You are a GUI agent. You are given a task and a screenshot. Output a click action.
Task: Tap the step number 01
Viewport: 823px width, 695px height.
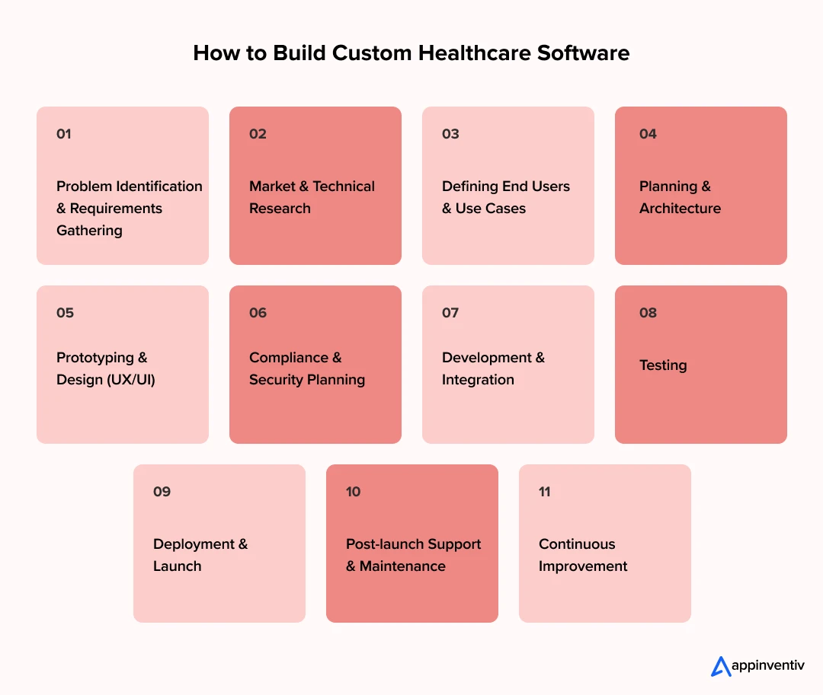(x=63, y=134)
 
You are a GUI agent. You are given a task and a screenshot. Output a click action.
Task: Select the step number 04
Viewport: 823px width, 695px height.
(x=648, y=134)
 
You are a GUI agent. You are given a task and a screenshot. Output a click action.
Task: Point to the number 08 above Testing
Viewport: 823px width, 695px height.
(x=648, y=313)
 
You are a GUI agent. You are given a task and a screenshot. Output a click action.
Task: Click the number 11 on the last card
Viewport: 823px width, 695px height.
(x=544, y=492)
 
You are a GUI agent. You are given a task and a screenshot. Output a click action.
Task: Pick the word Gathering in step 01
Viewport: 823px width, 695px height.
(x=89, y=231)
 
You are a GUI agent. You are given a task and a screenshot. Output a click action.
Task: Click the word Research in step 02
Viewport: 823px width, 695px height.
(x=280, y=208)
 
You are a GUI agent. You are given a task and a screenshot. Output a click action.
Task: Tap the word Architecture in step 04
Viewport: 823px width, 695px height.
(x=680, y=208)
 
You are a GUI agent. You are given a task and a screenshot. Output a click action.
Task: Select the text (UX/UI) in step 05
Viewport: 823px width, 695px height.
(x=131, y=380)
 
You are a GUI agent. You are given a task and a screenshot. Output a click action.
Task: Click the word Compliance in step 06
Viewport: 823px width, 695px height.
(x=289, y=358)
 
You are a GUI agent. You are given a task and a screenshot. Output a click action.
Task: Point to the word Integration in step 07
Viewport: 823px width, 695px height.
(x=478, y=380)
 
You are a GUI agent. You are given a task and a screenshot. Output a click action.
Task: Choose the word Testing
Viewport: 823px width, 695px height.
(x=663, y=365)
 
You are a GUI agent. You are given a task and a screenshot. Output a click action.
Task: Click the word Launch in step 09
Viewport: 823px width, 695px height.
(x=177, y=566)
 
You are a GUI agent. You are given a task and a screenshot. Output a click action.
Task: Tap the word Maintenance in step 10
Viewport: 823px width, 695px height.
(x=402, y=566)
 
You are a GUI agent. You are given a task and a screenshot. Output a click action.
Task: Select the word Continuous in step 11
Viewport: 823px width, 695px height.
(x=577, y=544)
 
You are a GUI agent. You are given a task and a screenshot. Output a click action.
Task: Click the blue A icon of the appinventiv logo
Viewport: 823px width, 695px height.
(x=721, y=667)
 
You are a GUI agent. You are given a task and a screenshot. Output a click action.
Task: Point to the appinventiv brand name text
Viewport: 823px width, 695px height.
(x=768, y=665)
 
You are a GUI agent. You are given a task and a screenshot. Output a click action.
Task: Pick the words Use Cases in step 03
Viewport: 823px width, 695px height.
(x=490, y=208)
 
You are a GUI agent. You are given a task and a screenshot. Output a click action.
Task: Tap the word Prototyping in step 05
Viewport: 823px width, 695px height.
(x=95, y=358)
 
